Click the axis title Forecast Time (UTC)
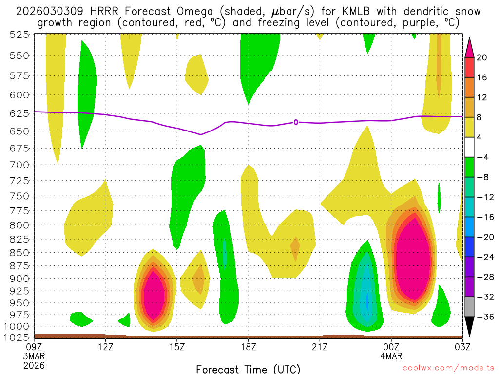pos(248,369)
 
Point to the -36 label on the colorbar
pos(483,317)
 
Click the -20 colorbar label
pos(483,237)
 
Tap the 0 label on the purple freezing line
pos(295,122)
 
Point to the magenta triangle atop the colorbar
pos(470,47)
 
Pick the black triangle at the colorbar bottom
pos(470,328)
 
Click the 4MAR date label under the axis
pos(392,356)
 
